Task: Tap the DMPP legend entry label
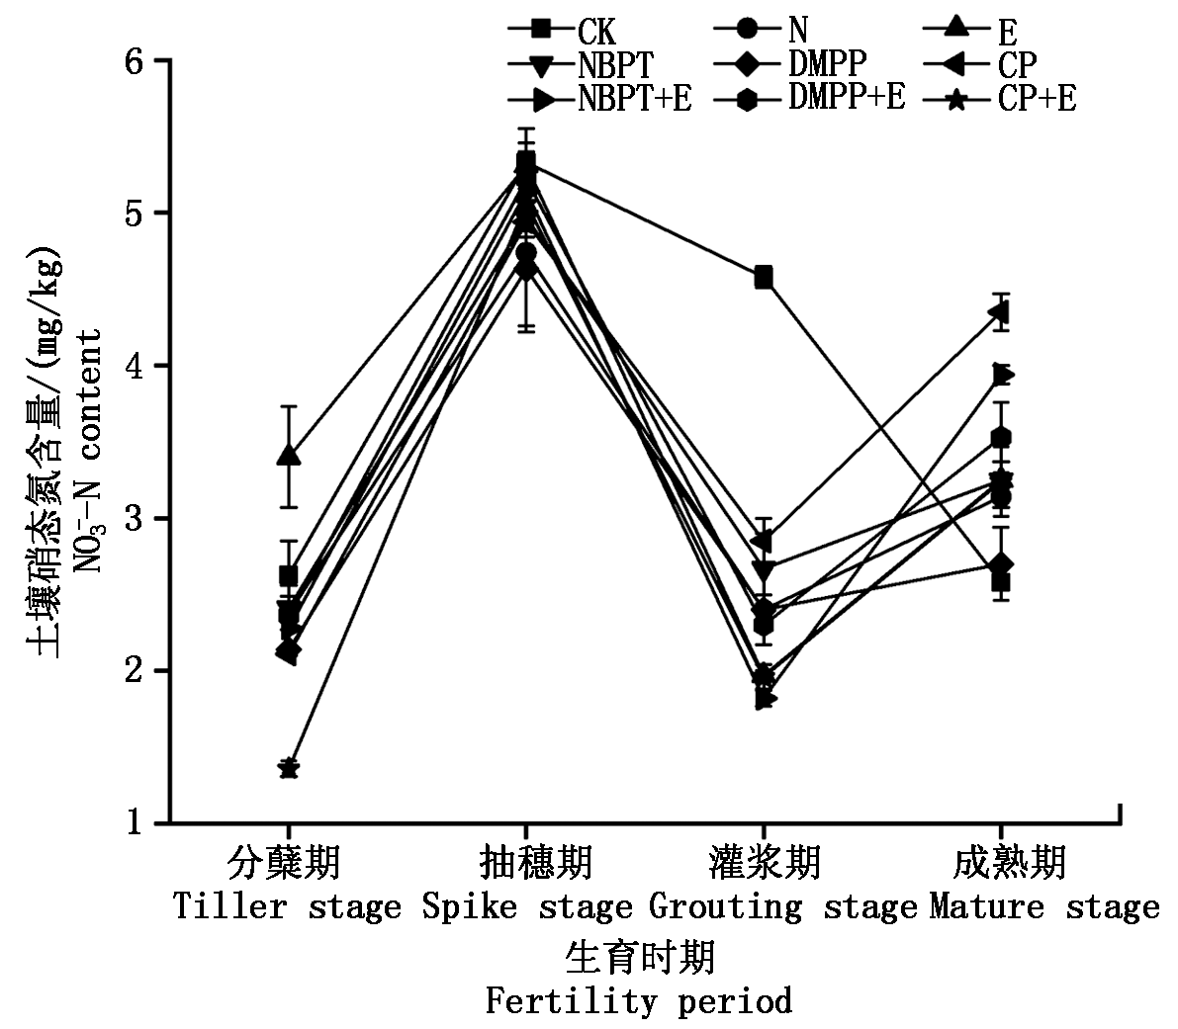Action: pyautogui.click(x=827, y=64)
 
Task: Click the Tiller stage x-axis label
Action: pyautogui.click(x=287, y=906)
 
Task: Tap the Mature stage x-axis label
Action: pyautogui.click(x=1043, y=906)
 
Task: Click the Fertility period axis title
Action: pyautogui.click(x=639, y=1001)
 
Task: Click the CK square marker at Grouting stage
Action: pyautogui.click(x=764, y=277)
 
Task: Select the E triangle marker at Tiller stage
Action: pyautogui.click(x=289, y=456)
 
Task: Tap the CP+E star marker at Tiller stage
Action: pyautogui.click(x=289, y=768)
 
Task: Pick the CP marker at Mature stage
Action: pyautogui.click(x=1000, y=313)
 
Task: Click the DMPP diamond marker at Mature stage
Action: pyautogui.click(x=1001, y=565)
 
